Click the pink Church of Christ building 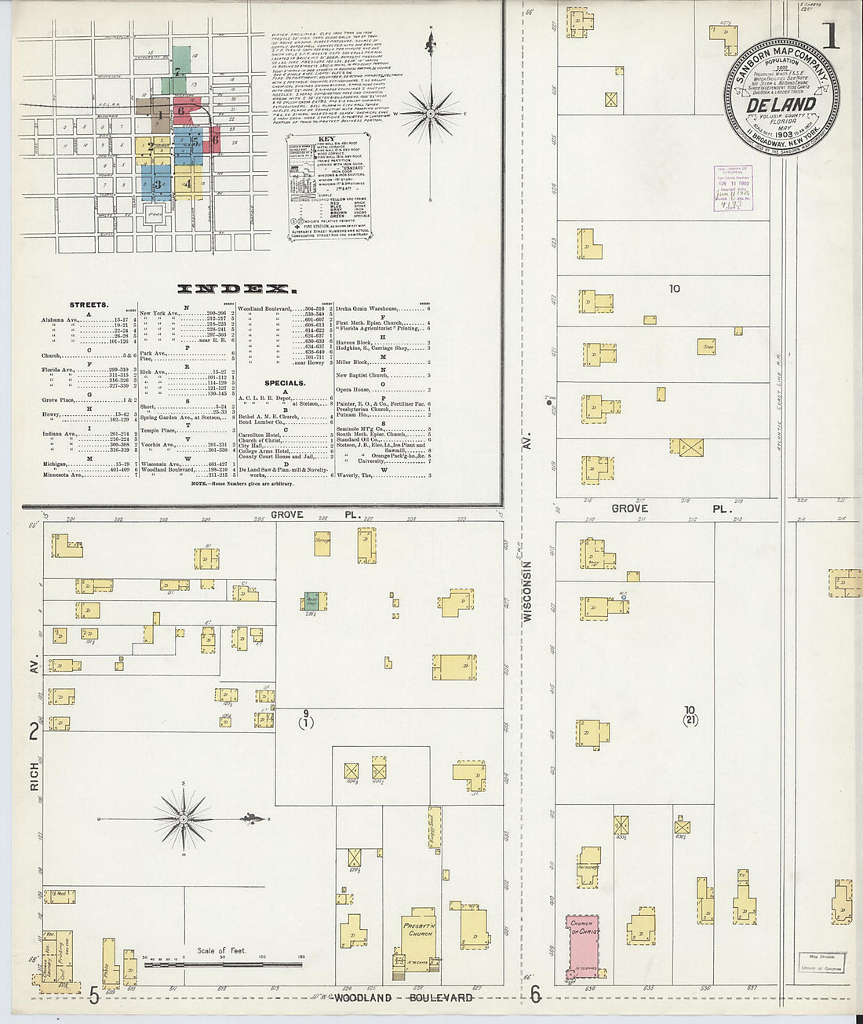click(x=582, y=946)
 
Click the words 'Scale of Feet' click(x=222, y=951)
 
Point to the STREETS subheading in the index click(x=89, y=304)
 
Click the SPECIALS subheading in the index click(x=285, y=384)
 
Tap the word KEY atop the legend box click(x=326, y=140)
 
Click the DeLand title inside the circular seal click(x=781, y=104)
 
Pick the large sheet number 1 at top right click(x=829, y=35)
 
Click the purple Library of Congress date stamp click(x=733, y=189)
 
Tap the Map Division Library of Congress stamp click(x=821, y=962)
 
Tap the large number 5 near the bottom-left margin click(x=94, y=996)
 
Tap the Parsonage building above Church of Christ click(x=588, y=866)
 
